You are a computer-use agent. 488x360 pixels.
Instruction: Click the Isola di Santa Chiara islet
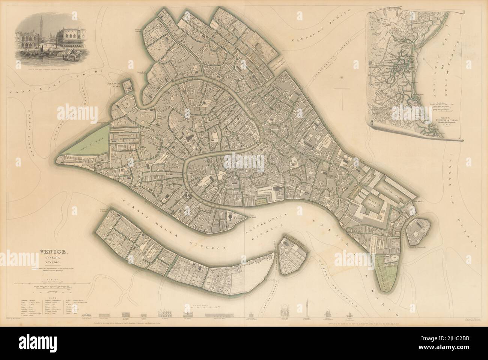tap(128, 85)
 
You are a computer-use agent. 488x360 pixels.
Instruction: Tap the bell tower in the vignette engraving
tap(40, 34)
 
